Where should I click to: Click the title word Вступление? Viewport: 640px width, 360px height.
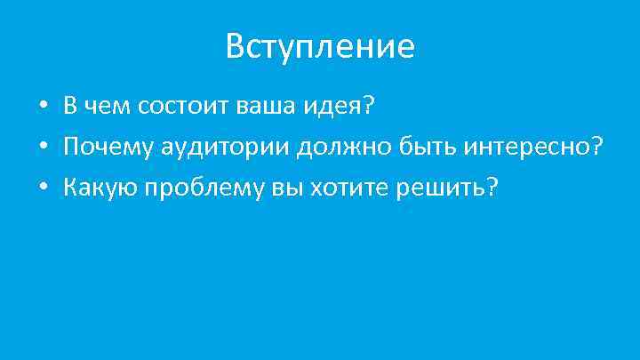pos(320,46)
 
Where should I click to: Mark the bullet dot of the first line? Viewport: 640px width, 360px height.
pos(43,108)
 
